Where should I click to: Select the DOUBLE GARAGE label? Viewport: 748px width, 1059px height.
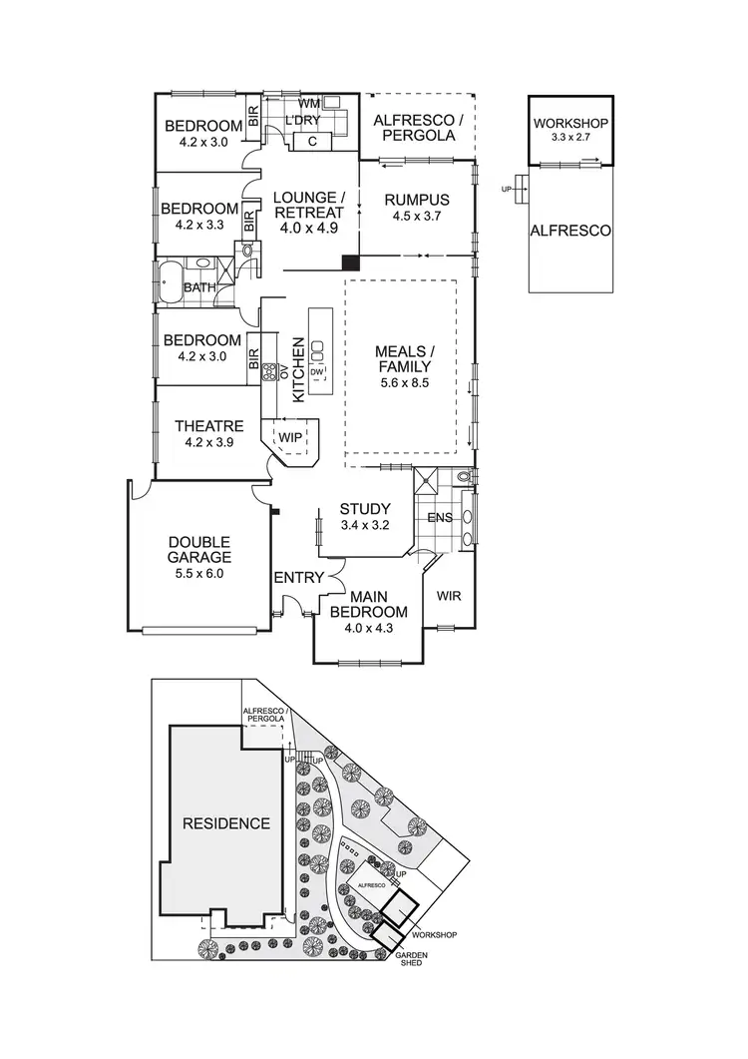point(199,549)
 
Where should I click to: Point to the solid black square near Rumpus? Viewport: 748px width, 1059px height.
point(349,263)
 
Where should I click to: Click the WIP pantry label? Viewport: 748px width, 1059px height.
point(290,438)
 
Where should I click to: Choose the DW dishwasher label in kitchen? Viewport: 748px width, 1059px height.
point(317,372)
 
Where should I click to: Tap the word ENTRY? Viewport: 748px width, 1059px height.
point(298,577)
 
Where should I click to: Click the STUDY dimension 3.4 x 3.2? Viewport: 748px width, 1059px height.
point(364,525)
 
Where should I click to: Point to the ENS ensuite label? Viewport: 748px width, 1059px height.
point(439,518)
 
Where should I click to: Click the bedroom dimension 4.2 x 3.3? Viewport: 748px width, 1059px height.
point(199,225)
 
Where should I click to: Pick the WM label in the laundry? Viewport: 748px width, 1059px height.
point(309,103)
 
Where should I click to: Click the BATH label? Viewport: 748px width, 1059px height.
point(199,287)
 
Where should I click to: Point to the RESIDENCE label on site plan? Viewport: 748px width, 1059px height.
point(226,823)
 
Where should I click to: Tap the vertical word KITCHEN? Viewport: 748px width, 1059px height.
point(296,370)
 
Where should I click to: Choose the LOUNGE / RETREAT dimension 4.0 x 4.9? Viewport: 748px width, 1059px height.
point(308,228)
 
